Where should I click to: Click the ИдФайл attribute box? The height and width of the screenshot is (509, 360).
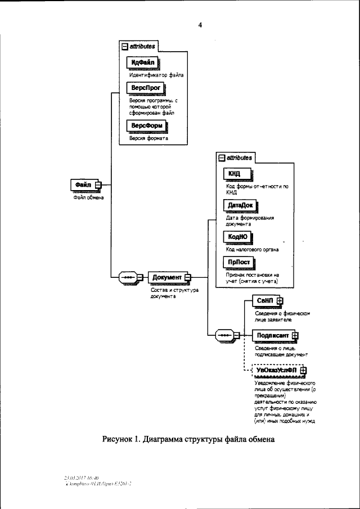(143, 62)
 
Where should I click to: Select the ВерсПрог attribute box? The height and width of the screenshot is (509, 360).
(146, 89)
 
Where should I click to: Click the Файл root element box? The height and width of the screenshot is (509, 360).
(82, 184)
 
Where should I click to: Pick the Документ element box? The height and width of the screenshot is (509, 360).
(167, 277)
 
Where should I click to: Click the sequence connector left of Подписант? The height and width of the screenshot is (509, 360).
(225, 335)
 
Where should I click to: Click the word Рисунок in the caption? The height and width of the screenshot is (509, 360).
(118, 439)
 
